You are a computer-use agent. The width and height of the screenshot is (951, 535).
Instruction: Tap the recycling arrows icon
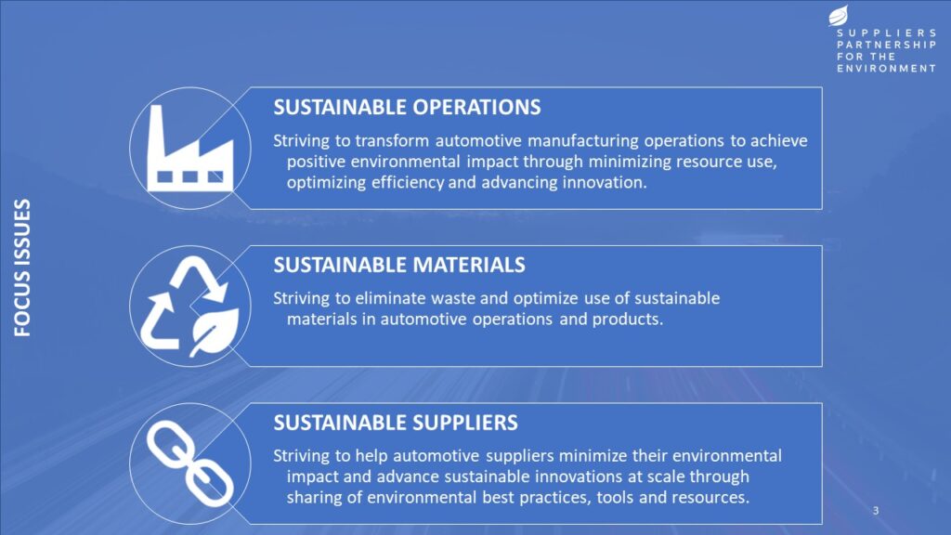coord(189,307)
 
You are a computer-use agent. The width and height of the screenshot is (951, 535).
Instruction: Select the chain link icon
coord(189,464)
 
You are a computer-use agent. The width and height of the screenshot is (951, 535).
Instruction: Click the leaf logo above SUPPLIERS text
coord(839,15)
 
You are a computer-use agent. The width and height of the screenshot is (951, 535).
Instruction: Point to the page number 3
coord(875,511)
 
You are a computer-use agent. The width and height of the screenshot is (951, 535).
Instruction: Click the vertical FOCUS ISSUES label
coord(22,267)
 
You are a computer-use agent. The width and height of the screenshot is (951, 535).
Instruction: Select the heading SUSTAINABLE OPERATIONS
coord(407,108)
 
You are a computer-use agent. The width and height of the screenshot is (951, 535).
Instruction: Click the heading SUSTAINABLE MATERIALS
coord(399,265)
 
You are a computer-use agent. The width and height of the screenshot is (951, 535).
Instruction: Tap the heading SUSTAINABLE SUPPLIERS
coord(396,423)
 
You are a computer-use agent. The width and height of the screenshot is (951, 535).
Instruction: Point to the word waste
coord(455,298)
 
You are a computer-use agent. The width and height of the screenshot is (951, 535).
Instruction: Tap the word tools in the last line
coord(615,498)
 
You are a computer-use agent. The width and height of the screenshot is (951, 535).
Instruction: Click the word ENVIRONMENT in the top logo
coord(887,69)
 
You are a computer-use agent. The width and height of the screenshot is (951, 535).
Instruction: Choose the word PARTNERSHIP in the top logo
coord(887,45)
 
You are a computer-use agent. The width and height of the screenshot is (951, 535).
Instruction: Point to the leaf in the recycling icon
coord(215,332)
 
